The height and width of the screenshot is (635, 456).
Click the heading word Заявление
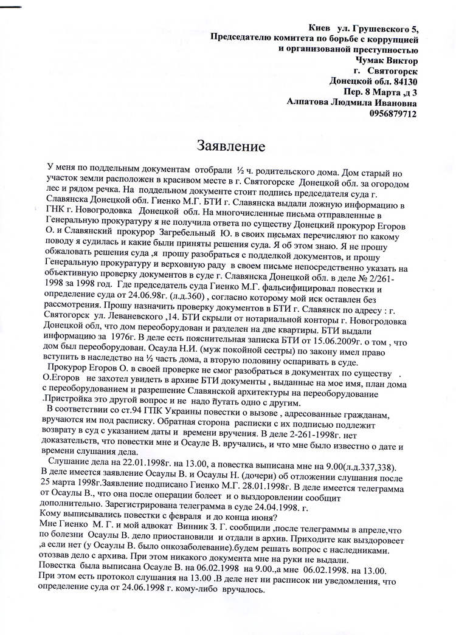coord(230,146)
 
